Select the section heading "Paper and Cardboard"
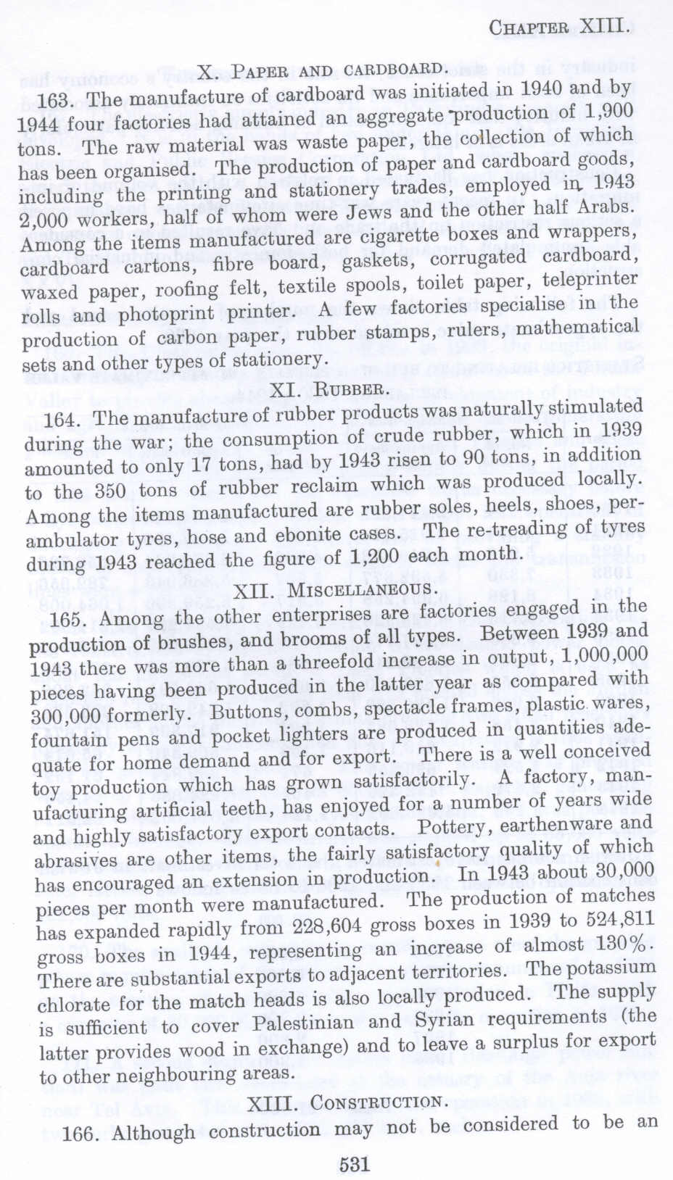(x=321, y=71)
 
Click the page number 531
(x=355, y=1164)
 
